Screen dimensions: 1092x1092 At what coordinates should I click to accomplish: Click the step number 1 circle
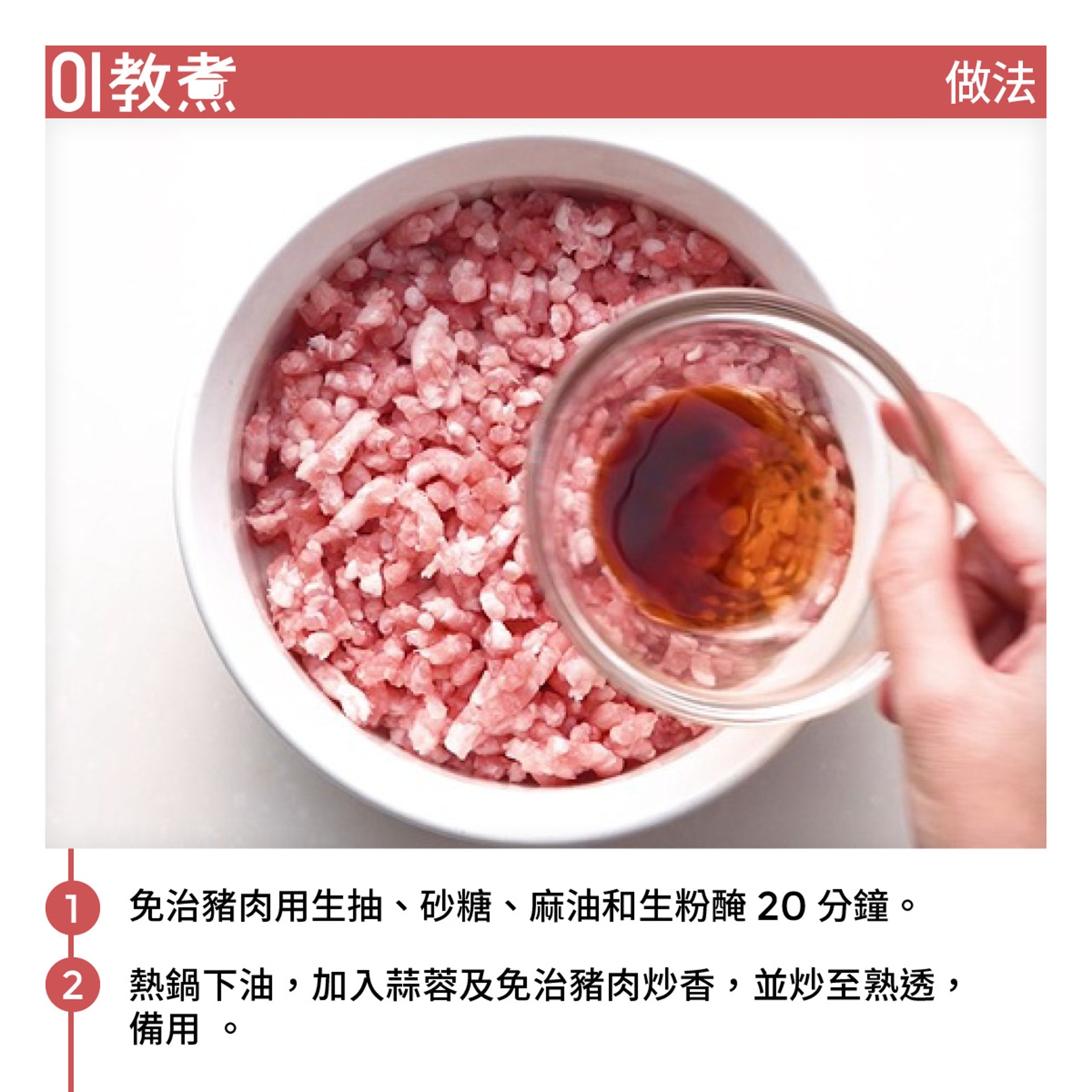[x=72, y=908]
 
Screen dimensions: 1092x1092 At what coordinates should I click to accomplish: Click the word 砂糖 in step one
[x=456, y=907]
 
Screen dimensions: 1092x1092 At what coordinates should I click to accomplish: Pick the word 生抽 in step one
[x=346, y=907]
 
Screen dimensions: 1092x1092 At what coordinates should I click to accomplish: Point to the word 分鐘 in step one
[x=853, y=907]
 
